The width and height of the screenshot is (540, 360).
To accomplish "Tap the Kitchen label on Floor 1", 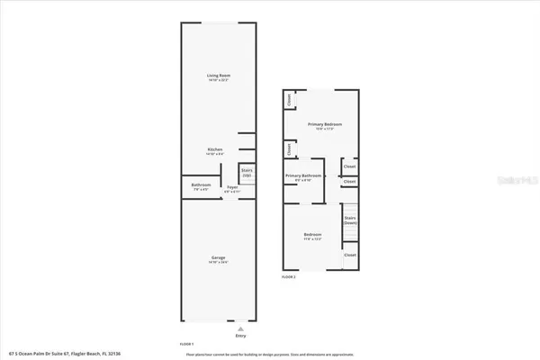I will coord(215,149).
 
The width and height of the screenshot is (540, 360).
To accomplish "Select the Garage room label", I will coord(217,257).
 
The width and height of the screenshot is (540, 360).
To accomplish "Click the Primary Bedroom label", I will coord(325,124).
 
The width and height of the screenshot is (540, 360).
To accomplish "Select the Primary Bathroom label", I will coord(304,175).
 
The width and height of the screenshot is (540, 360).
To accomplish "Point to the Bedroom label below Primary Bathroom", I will coord(312,236).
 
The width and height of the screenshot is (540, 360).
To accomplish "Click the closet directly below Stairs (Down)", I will coord(350,256).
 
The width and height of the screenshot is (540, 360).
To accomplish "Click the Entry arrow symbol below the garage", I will coord(239,329).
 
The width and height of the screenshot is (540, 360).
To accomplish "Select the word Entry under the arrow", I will coord(239,337).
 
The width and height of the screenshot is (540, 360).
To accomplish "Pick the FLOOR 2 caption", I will coord(289,277).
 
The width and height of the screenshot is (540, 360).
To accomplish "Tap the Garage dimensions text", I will coord(217,263).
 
